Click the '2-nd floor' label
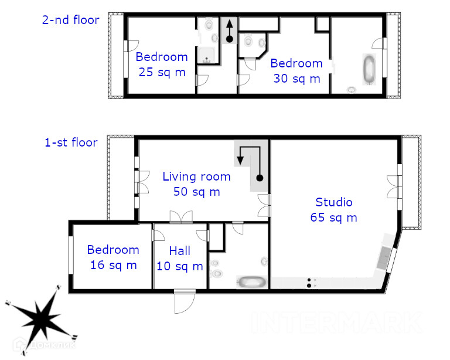(x=70, y=20)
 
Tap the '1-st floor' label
(x=71, y=142)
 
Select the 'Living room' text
(x=197, y=176)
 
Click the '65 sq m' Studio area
(x=333, y=218)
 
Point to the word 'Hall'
(x=180, y=250)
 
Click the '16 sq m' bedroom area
(x=113, y=265)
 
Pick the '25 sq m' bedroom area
(x=162, y=72)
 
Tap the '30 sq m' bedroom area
(x=296, y=79)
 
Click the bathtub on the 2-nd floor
(x=369, y=69)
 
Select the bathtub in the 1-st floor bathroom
(x=252, y=281)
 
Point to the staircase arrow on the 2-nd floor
(x=229, y=31)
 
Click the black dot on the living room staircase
(x=260, y=178)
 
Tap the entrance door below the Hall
(x=185, y=301)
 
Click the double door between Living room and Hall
(x=181, y=217)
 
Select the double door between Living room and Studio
(x=264, y=205)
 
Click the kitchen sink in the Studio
(x=383, y=257)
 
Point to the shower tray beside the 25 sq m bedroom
(x=206, y=55)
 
